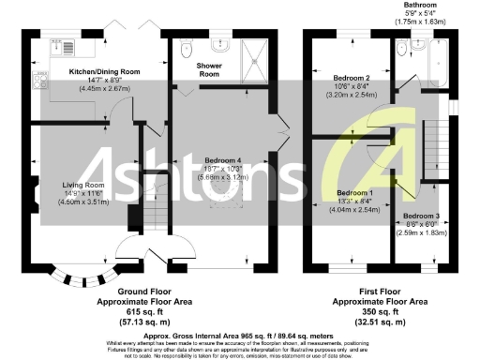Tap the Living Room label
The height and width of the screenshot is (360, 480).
pos(82,185)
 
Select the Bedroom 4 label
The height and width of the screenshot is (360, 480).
pos(221,158)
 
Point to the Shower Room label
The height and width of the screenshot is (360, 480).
pos(208,69)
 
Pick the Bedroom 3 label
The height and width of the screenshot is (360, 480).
pos(422,217)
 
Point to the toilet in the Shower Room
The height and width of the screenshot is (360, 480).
pos(187,45)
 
